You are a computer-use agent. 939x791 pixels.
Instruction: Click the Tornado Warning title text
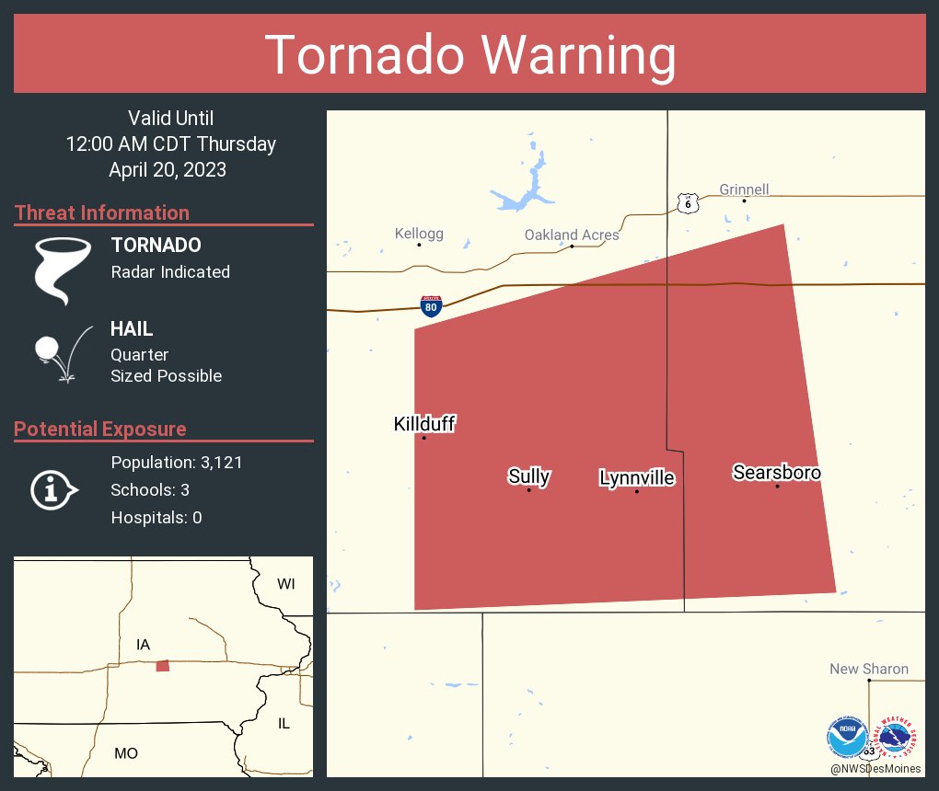pos(469,54)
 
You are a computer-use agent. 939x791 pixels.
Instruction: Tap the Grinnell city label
pos(744,190)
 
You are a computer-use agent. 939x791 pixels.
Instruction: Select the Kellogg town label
pos(419,234)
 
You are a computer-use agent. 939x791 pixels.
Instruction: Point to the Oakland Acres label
pos(572,235)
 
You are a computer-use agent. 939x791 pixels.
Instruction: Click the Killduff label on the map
pos(424,424)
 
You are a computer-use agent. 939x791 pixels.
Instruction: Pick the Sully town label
pos(528,476)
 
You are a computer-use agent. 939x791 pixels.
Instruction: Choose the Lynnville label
pos(636,478)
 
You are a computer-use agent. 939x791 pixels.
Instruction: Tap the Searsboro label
pos(777,473)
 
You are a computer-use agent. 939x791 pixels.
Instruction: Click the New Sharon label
pos(869,670)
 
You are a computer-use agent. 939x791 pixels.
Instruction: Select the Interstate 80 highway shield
pos(431,306)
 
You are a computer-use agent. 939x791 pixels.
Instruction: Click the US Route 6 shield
pos(687,203)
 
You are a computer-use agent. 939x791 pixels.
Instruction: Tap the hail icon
pos(61,353)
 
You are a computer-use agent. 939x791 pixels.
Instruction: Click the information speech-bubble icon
pos(53,489)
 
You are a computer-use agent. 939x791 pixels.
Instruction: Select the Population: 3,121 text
pos(176,463)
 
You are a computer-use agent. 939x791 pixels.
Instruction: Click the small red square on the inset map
pos(163,666)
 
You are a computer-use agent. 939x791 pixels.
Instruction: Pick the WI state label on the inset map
pos(286,584)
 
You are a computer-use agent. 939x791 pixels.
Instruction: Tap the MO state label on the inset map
pos(126,753)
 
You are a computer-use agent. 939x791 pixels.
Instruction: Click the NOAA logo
pos(847,737)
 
